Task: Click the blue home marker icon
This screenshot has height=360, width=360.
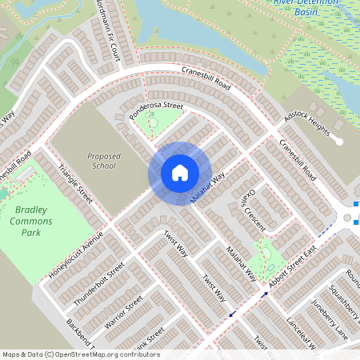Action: click(x=179, y=173)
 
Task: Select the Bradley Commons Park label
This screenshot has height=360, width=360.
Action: click(x=30, y=221)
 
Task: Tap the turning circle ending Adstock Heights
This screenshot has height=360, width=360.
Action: click(x=339, y=142)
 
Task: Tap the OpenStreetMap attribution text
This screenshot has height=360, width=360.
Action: click(x=80, y=354)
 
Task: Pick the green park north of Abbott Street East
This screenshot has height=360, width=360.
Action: click(x=261, y=258)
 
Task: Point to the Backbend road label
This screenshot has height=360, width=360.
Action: click(x=81, y=336)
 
